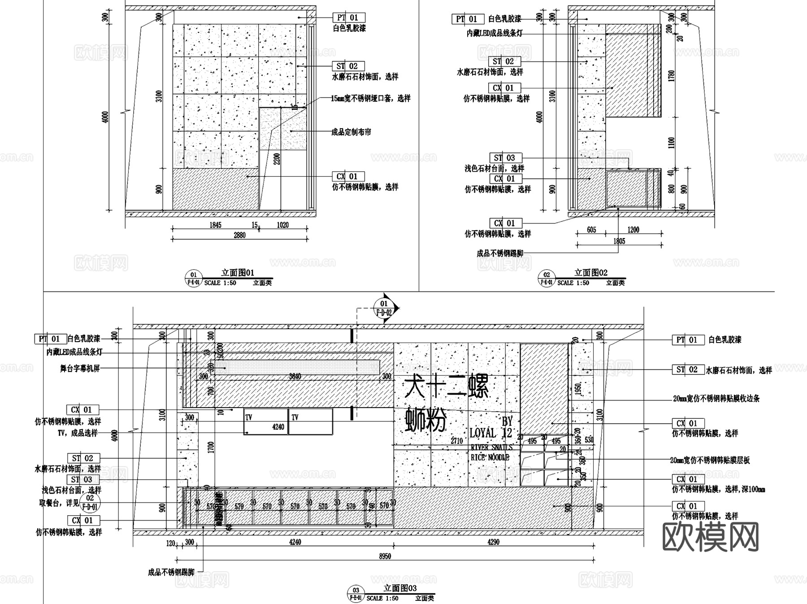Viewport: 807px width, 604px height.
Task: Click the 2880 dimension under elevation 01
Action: pyautogui.click(x=240, y=235)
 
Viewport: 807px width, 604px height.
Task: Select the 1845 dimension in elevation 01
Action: pyautogui.click(x=215, y=225)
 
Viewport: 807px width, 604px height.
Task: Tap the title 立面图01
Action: pyautogui.click(x=238, y=273)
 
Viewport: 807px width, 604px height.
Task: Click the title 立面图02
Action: pyautogui.click(x=591, y=273)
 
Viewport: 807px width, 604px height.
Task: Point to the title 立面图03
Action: pyautogui.click(x=400, y=588)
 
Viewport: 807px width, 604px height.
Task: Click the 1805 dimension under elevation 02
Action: pyautogui.click(x=619, y=241)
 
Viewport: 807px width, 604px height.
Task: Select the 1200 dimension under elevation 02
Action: pyautogui.click(x=633, y=230)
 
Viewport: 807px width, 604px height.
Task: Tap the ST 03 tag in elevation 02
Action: pyautogui.click(x=504, y=158)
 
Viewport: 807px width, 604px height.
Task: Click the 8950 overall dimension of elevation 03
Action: pyautogui.click(x=385, y=556)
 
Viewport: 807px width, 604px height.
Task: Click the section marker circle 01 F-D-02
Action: pyautogui.click(x=384, y=308)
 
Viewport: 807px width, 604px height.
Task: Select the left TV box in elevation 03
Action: pyautogui.click(x=265, y=422)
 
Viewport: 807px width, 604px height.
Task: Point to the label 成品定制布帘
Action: pyautogui.click(x=351, y=132)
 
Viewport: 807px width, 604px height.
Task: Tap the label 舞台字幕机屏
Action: pyautogui.click(x=80, y=369)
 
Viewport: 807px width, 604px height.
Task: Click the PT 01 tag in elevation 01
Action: pyautogui.click(x=348, y=17)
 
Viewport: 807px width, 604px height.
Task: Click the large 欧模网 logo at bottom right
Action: pyautogui.click(x=710, y=537)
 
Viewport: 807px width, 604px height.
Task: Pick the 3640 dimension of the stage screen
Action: pyautogui.click(x=295, y=376)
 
